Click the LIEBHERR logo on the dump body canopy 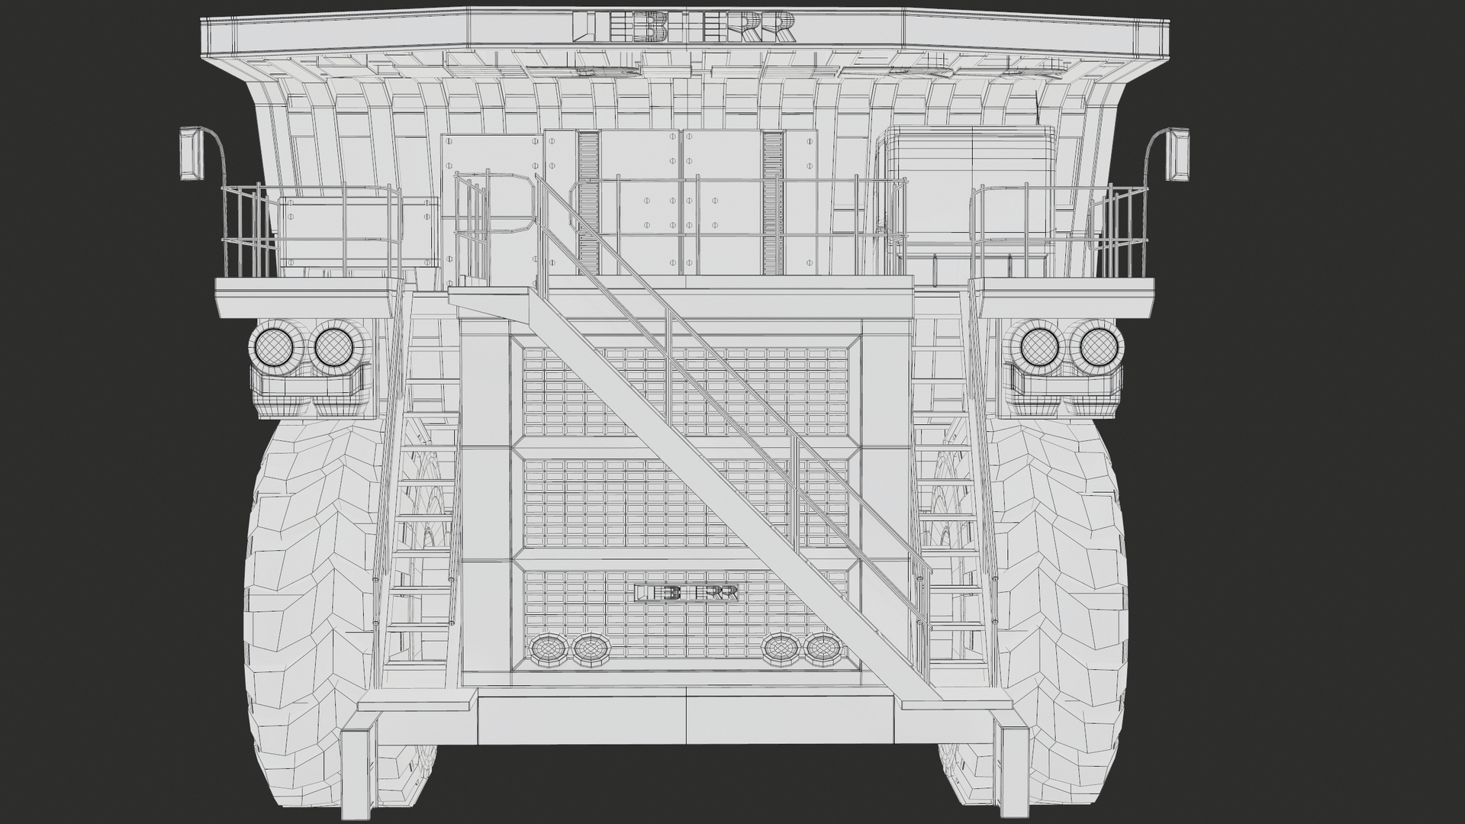pos(684,27)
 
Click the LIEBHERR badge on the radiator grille pos(687,593)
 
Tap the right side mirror pos(1178,155)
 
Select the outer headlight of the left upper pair pos(273,347)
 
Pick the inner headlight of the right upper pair pos(1037,347)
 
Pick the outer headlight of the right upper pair pos(1096,347)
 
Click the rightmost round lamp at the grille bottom pos(821,648)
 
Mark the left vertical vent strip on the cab pos(588,202)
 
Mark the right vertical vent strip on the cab pos(773,202)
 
